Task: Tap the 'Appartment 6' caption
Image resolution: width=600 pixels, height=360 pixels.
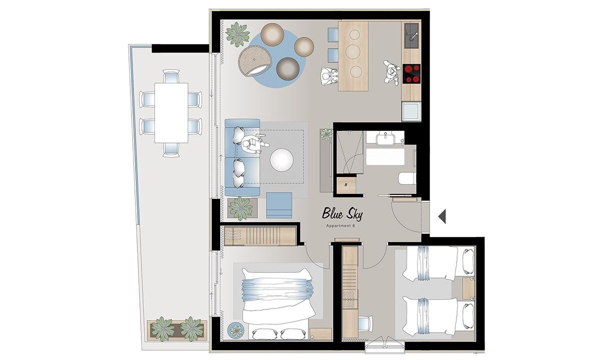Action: tap(340, 226)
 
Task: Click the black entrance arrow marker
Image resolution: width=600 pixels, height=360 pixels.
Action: tap(442, 216)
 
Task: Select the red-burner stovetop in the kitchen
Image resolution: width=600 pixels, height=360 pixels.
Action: tap(411, 74)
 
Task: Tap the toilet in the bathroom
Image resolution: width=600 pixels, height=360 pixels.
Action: tap(407, 178)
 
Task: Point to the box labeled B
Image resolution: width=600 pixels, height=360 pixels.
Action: tap(346, 185)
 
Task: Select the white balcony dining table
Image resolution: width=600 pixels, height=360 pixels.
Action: tap(171, 113)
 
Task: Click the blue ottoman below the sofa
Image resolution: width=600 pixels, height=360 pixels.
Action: tap(279, 205)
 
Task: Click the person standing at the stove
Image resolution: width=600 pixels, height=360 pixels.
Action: tap(392, 72)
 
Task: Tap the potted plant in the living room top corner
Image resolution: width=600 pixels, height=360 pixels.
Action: tap(237, 35)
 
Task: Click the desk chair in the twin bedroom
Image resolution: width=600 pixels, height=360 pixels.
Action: tap(365, 323)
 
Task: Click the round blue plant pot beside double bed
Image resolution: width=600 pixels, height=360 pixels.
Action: tap(236, 330)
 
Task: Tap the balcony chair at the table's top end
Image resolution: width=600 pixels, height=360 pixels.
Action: tap(171, 76)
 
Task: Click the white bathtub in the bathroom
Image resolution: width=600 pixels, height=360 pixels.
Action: tap(385, 157)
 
